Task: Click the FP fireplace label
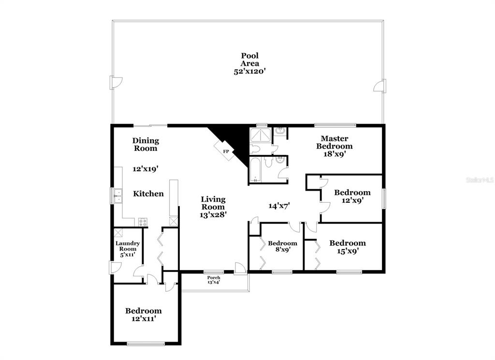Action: [226, 152]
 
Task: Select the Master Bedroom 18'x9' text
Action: [335, 146]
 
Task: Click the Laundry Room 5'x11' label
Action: [128, 249]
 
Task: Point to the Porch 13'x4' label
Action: [214, 280]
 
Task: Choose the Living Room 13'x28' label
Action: [213, 207]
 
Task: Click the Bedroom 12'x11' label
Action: [144, 315]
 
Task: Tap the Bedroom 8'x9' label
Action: [282, 246]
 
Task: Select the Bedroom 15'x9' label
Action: [348, 247]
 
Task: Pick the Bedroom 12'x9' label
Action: [352, 196]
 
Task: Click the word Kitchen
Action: [148, 194]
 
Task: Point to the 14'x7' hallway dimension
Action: [279, 206]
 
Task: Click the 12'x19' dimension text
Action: [145, 169]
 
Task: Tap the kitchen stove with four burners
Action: [143, 222]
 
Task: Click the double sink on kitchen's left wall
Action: [118, 196]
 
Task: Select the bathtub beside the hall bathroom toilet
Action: [255, 170]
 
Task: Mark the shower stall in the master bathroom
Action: [260, 135]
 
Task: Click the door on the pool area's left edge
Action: [115, 82]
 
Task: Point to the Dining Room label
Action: [146, 145]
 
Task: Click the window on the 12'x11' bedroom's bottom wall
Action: [146, 344]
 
